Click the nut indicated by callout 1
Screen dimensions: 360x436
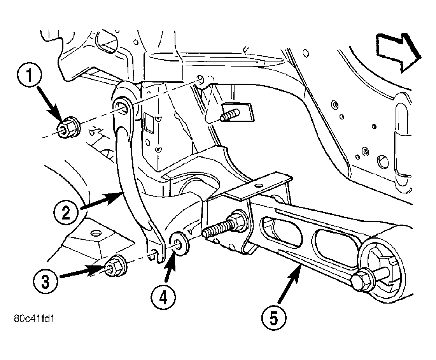(69, 128)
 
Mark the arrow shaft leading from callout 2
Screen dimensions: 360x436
(101, 201)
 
